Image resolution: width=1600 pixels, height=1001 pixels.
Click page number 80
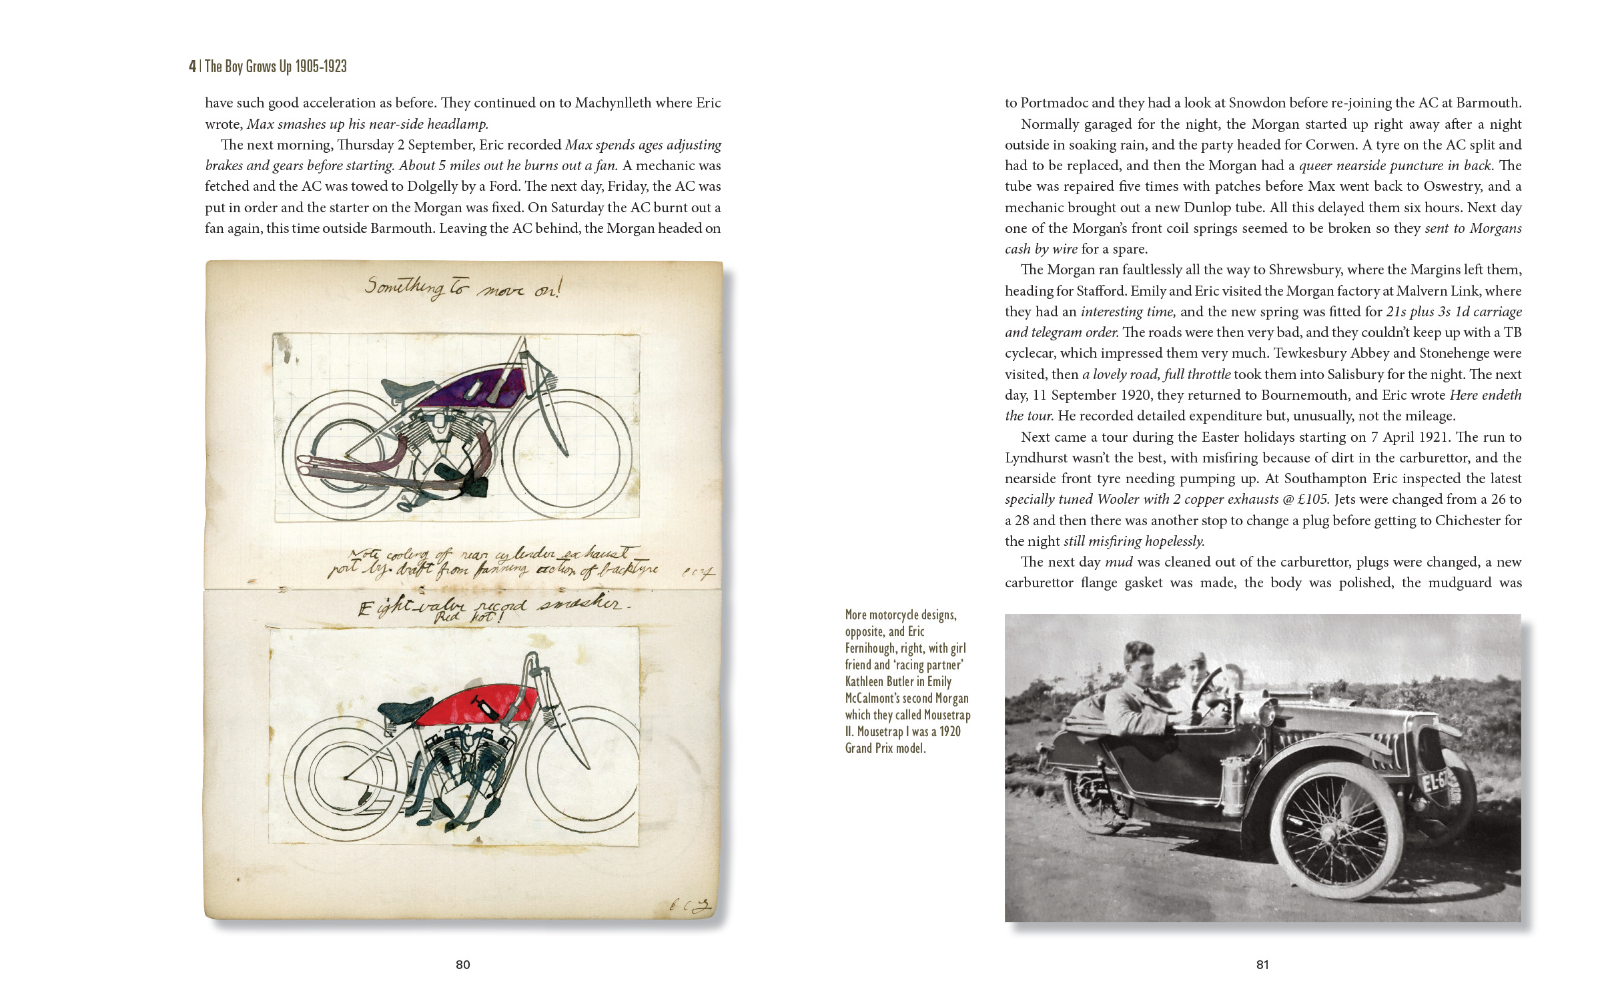(462, 964)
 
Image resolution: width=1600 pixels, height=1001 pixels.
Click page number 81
(1262, 964)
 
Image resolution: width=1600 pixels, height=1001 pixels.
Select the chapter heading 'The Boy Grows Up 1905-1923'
(276, 66)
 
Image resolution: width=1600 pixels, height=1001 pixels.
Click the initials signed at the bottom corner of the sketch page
(691, 906)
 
